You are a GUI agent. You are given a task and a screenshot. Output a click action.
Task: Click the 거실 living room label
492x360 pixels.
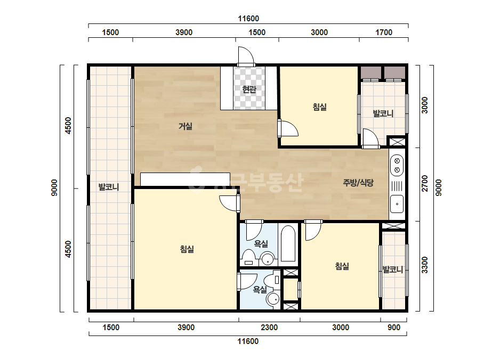pyautogui.click(x=185, y=126)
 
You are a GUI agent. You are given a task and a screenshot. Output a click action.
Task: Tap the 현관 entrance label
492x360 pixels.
pyautogui.click(x=249, y=89)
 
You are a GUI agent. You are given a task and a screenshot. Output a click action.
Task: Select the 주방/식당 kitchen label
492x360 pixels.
pyautogui.click(x=358, y=183)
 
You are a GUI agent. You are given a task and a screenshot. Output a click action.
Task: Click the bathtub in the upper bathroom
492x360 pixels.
pyautogui.click(x=288, y=243)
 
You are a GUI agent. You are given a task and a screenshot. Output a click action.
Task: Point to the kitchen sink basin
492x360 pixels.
pyautogui.click(x=397, y=203)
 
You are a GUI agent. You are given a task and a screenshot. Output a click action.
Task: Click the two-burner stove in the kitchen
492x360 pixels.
pyautogui.click(x=397, y=165)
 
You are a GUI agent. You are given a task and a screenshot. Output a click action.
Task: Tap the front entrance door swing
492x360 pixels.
pyautogui.click(x=246, y=56)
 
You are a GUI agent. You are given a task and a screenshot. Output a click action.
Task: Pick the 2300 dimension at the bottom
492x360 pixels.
pyautogui.click(x=269, y=328)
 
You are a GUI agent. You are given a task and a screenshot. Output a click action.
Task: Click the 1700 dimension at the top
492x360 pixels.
pyautogui.click(x=384, y=32)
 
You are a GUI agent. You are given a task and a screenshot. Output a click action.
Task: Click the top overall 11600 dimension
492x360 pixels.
pyautogui.click(x=248, y=19)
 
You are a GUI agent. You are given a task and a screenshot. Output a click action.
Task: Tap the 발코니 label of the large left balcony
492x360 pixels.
pyautogui.click(x=109, y=187)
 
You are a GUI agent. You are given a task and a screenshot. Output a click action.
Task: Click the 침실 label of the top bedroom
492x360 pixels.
pyautogui.click(x=319, y=107)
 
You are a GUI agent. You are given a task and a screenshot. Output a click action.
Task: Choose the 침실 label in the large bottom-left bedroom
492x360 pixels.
pyautogui.click(x=187, y=249)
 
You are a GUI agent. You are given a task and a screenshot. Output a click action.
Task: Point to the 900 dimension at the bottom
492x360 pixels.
pyautogui.click(x=394, y=328)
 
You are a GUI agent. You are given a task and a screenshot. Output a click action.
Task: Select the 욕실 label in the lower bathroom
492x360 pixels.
pyautogui.click(x=260, y=290)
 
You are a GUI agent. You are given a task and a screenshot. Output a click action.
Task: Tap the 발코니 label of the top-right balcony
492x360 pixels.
pyautogui.click(x=383, y=113)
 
